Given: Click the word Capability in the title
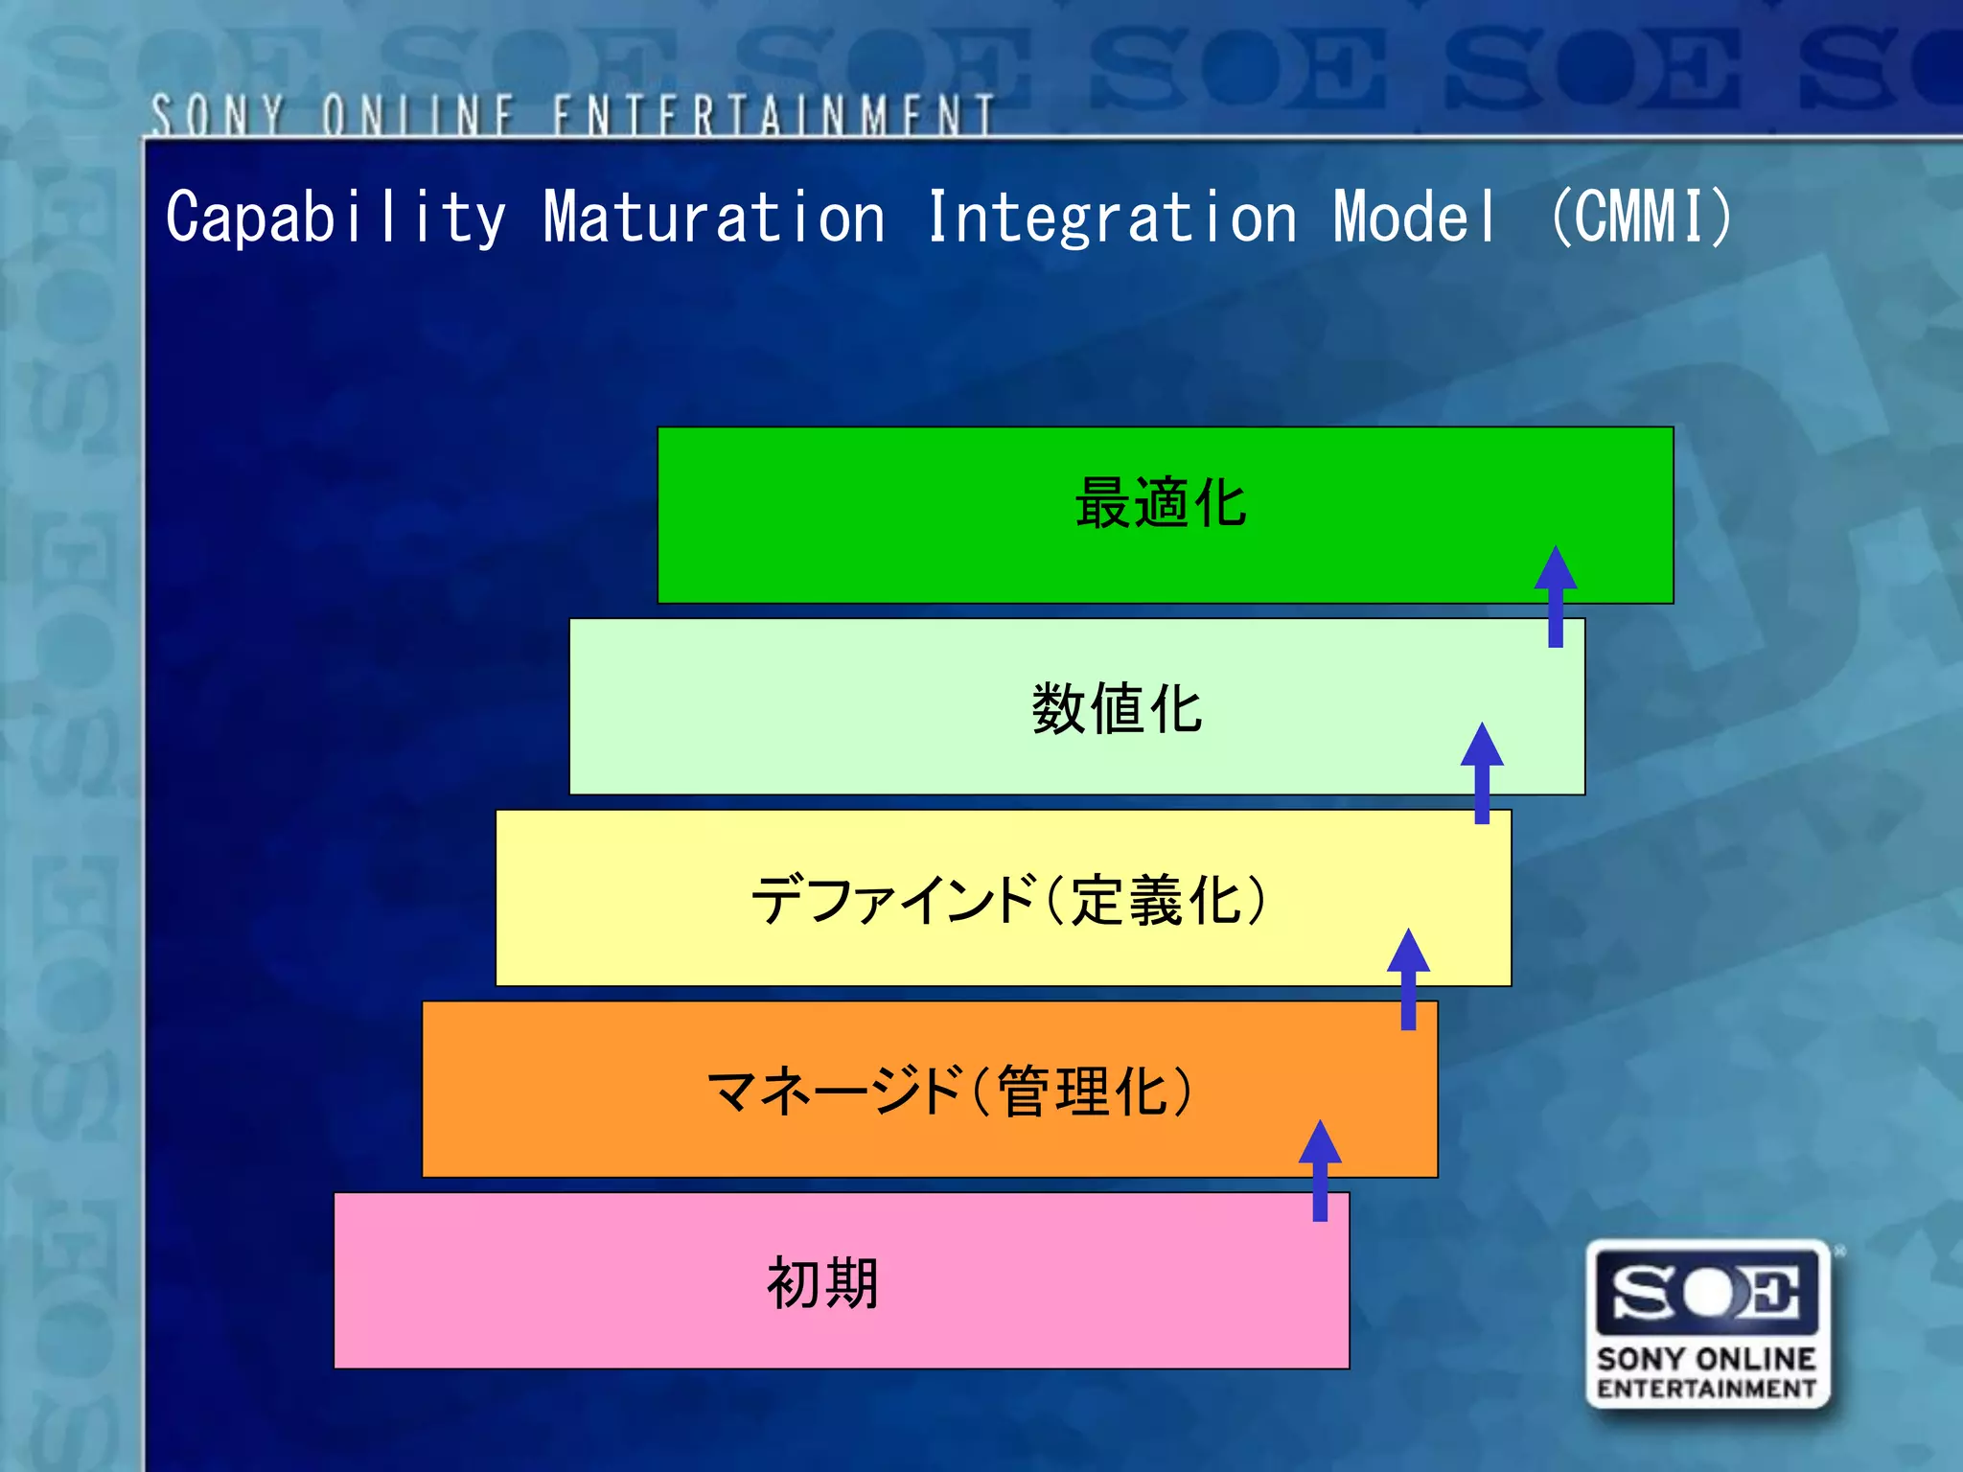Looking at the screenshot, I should click(x=335, y=218).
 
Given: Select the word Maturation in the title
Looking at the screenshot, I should click(x=714, y=218).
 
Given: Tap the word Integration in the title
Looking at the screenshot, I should click(x=1112, y=218).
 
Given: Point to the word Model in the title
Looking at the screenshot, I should click(x=1415, y=218).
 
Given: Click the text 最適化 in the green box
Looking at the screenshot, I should click(x=1161, y=503).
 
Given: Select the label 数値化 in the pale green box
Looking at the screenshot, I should click(x=1117, y=709).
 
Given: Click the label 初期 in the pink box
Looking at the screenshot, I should click(x=822, y=1283).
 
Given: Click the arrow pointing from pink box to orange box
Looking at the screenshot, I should click(x=1320, y=1169).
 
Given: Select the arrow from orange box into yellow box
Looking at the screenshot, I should click(x=1408, y=977).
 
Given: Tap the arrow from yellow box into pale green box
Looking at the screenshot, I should click(x=1482, y=772).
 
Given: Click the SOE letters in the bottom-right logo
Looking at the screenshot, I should click(x=1707, y=1293).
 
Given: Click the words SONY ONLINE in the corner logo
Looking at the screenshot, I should click(x=1706, y=1359).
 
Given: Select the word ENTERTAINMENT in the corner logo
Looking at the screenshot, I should click(x=1706, y=1389).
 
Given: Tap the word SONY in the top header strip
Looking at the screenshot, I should click(x=218, y=116).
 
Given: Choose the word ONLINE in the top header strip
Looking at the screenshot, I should click(x=420, y=116).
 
